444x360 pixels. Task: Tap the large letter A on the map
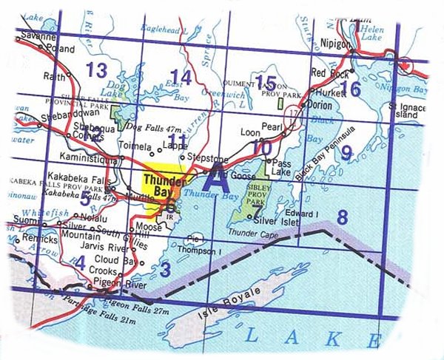tap(215, 180)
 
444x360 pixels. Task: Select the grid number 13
tap(96, 71)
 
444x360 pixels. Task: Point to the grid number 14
tap(181, 77)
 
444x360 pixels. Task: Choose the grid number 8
tap(342, 217)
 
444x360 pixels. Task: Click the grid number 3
tap(165, 269)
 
